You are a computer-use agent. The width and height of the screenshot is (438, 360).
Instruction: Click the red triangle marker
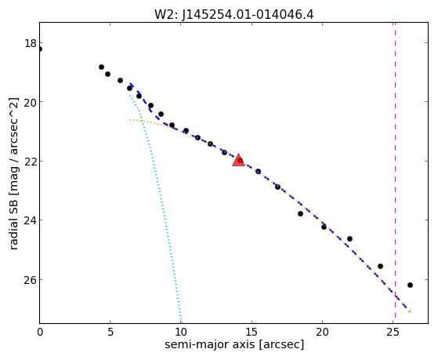238,160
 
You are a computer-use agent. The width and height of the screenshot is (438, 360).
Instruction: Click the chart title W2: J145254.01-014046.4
234,15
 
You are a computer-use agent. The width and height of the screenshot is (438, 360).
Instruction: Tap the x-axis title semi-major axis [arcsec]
234,344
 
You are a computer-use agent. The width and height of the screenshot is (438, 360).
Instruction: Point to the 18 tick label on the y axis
31,43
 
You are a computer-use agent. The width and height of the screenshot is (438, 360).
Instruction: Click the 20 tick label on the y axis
31,102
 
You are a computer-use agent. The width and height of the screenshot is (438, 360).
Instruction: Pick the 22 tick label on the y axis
31,162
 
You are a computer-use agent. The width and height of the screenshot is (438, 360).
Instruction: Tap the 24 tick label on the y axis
31,220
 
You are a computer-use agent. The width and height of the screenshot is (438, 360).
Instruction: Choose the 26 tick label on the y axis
31,280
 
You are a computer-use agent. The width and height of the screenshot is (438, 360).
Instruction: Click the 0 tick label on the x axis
40,333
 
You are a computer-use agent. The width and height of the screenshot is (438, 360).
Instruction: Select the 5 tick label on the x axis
110,333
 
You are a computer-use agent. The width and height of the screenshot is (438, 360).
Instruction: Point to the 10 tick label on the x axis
181,333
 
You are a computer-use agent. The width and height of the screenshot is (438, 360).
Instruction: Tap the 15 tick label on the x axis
252,333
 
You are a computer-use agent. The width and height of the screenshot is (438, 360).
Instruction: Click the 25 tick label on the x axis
393,333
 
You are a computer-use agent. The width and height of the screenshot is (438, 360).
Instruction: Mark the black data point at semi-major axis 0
40,49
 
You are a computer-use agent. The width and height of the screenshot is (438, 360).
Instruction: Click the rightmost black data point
410,285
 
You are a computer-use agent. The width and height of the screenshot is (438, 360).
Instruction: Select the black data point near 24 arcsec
380,266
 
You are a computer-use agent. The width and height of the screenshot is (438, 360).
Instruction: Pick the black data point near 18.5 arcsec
300,213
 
